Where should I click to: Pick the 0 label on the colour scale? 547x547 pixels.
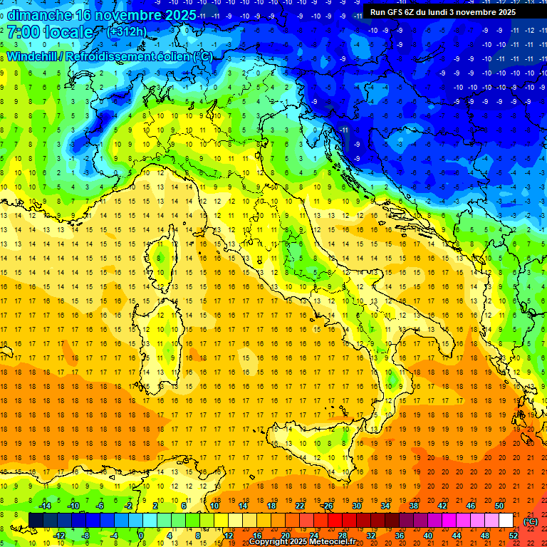(x=141, y=535)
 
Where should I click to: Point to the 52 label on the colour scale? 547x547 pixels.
(x=514, y=535)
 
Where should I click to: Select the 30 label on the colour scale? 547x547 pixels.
(x=357, y=506)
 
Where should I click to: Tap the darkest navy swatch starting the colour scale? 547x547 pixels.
(x=36, y=520)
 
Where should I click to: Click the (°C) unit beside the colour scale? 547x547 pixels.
(x=531, y=521)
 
